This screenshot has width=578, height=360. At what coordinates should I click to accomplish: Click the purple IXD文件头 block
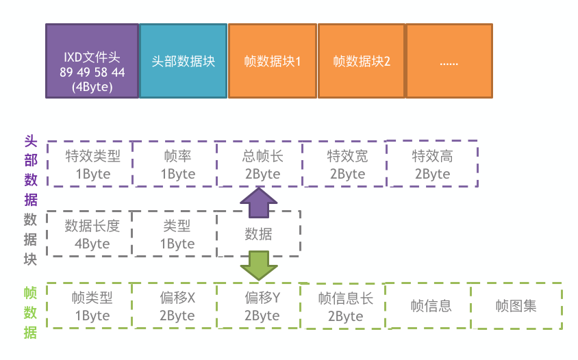point(92,61)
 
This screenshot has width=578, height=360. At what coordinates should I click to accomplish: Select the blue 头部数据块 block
point(184,61)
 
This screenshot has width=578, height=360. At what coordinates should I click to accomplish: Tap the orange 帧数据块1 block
point(273,61)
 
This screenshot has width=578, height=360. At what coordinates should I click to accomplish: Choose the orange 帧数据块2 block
point(362,61)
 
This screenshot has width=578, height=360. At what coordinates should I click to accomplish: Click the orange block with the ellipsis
point(449,61)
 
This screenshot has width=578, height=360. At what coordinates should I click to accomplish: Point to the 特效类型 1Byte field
point(90,164)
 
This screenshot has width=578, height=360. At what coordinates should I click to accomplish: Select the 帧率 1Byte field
point(175,164)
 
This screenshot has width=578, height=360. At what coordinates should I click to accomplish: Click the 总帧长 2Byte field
point(260,164)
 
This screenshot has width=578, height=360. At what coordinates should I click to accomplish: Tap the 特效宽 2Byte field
point(344,164)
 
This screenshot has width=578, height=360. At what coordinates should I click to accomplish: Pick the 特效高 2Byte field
point(432,164)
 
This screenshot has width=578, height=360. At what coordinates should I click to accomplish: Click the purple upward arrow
point(259,203)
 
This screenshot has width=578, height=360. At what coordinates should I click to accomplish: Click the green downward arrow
point(259,266)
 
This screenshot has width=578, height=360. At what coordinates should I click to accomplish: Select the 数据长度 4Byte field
point(89,233)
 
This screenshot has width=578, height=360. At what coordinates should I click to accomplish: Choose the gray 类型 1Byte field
point(174,233)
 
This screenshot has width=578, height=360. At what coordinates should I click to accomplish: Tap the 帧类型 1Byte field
point(89,305)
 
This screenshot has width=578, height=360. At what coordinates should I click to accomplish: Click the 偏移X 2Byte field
point(174,305)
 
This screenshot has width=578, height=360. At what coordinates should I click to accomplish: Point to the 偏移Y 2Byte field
point(259,305)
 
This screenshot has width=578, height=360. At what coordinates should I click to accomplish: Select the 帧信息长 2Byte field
point(343,306)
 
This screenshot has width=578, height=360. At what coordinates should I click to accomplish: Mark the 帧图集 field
point(516,306)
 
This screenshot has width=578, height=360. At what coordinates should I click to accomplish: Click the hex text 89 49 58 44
point(92,73)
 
